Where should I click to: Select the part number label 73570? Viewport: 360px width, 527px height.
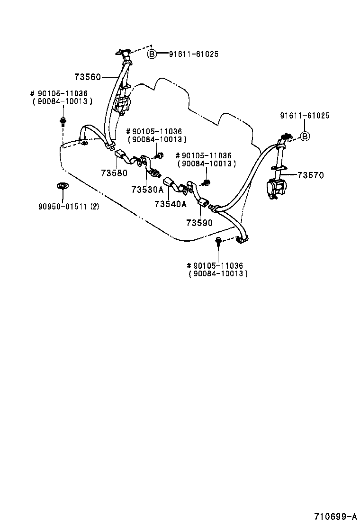pyautogui.click(x=310, y=175)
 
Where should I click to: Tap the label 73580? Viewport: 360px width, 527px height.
pyautogui.click(x=114, y=173)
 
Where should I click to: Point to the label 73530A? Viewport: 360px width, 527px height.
pyautogui.click(x=147, y=190)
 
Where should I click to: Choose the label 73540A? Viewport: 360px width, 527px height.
pyautogui.click(x=170, y=204)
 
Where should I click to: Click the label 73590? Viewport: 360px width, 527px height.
pyautogui.click(x=199, y=222)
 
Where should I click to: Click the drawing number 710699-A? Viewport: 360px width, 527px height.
pyautogui.click(x=334, y=516)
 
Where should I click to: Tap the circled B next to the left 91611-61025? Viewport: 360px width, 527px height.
pyautogui.click(x=152, y=54)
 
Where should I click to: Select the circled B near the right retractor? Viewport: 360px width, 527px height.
pyautogui.click(x=306, y=137)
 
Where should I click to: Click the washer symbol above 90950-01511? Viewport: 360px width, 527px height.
pyautogui.click(x=61, y=185)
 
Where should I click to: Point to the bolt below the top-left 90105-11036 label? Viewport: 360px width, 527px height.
pyautogui.click(x=63, y=121)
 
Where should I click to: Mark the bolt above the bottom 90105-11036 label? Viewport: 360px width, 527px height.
pyautogui.click(x=218, y=242)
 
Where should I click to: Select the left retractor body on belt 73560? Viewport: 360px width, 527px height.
pyautogui.click(x=122, y=104)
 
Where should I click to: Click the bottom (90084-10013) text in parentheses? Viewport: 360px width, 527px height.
pyautogui.click(x=218, y=274)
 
